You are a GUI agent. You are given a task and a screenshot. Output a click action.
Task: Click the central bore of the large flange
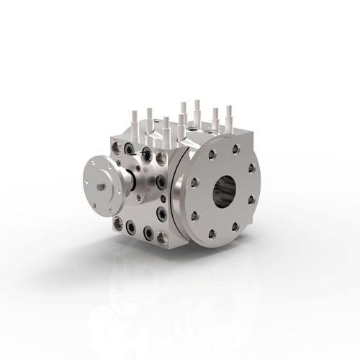225,190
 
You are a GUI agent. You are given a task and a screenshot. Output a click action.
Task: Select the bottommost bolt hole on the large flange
213,233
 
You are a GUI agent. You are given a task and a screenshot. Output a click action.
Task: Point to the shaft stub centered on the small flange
99,186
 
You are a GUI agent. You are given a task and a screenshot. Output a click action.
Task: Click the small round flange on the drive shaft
102,184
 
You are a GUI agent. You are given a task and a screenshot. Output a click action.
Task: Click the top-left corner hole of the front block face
115,147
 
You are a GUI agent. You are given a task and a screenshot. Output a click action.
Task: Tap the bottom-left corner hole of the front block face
117,224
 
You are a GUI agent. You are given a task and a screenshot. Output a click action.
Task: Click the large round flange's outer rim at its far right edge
258,189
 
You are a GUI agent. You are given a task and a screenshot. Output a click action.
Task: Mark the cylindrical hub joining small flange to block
124,180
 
